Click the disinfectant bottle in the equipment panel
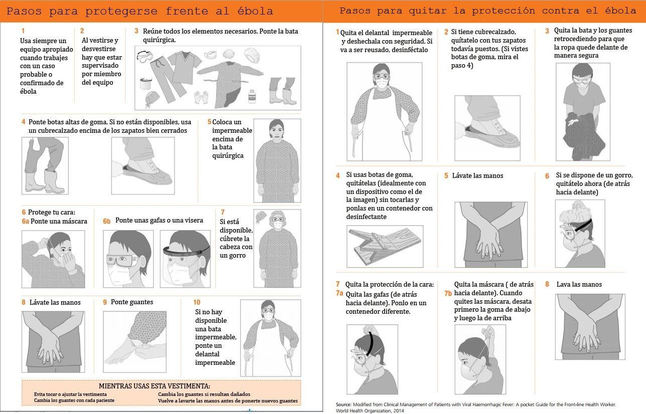[252, 96]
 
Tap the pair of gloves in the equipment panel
[201, 97]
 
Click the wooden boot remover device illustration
[384, 246]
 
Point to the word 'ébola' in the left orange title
[255, 11]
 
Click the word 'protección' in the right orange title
[503, 11]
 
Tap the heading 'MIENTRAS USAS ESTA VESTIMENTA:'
[155, 386]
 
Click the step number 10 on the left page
[197, 302]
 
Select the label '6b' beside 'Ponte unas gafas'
[107, 221]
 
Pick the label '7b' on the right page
[448, 293]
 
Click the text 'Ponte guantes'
[132, 302]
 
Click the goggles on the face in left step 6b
[122, 261]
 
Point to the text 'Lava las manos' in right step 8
[579, 285]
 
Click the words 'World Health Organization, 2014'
[370, 411]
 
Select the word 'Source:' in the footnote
[343, 404]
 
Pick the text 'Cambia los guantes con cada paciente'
[74, 400]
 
